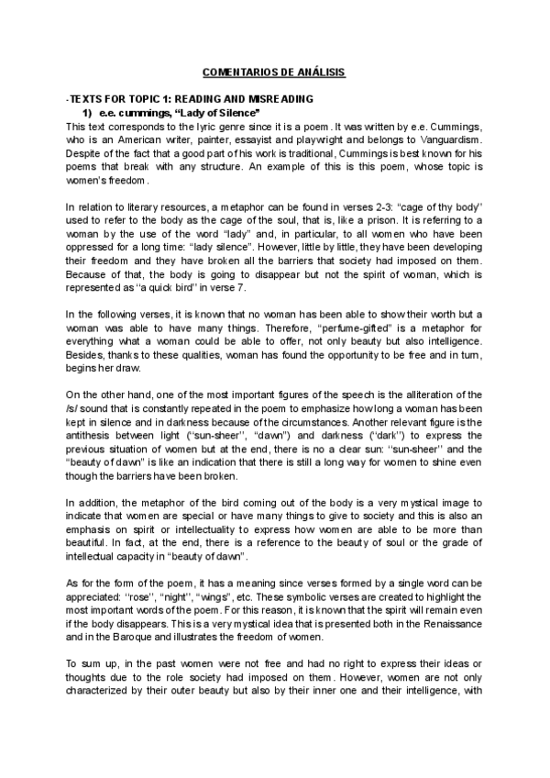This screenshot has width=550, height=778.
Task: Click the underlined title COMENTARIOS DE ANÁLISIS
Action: click(x=274, y=72)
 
